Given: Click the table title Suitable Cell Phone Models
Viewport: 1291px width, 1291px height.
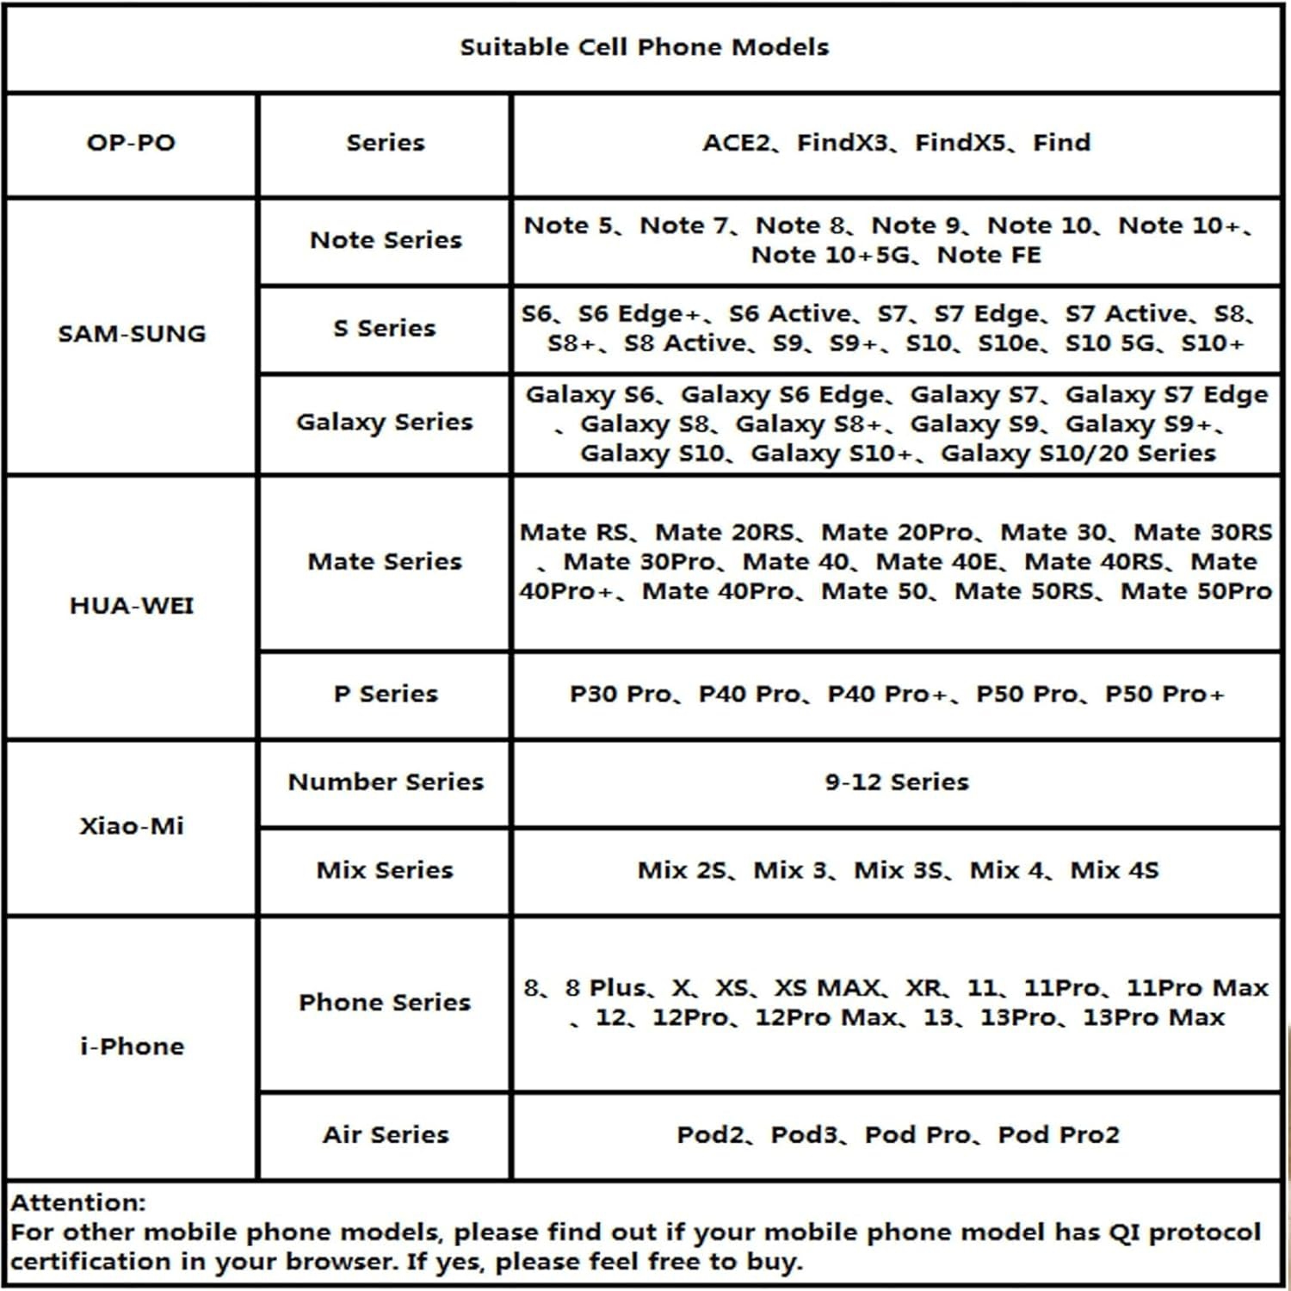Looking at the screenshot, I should click(644, 47).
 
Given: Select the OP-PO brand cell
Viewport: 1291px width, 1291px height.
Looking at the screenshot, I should click(131, 143).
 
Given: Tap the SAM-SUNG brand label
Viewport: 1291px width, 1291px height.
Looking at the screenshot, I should click(132, 334).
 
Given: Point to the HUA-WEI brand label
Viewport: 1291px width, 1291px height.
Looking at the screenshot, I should click(132, 606).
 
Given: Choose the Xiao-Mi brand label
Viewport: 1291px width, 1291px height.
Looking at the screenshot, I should click(132, 826).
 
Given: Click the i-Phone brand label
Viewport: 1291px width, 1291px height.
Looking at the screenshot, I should click(132, 1047).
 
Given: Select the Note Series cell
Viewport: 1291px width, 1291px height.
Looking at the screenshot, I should click(386, 240).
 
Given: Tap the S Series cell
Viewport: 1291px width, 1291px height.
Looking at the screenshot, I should click(385, 329).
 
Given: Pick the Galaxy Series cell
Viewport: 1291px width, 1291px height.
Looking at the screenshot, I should click(385, 422).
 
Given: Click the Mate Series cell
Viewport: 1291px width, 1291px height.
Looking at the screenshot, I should click(385, 562).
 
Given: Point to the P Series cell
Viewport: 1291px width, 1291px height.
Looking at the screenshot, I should click(386, 694).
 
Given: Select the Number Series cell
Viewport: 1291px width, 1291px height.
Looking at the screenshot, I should click(386, 782).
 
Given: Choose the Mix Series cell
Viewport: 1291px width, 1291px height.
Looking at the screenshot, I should click(385, 870).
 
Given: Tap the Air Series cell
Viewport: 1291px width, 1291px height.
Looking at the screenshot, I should click(386, 1135).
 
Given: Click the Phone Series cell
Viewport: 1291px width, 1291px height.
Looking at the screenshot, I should click(385, 1003).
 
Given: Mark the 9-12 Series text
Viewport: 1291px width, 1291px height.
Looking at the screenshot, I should click(897, 782).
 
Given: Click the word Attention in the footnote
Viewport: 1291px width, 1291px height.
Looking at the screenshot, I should click(77, 1202).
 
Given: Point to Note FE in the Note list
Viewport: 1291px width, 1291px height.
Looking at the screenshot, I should click(989, 256).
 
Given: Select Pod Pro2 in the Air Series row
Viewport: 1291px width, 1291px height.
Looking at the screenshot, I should click(1059, 1135).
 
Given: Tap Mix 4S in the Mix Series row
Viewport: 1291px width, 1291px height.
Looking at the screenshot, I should click(1115, 870).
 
